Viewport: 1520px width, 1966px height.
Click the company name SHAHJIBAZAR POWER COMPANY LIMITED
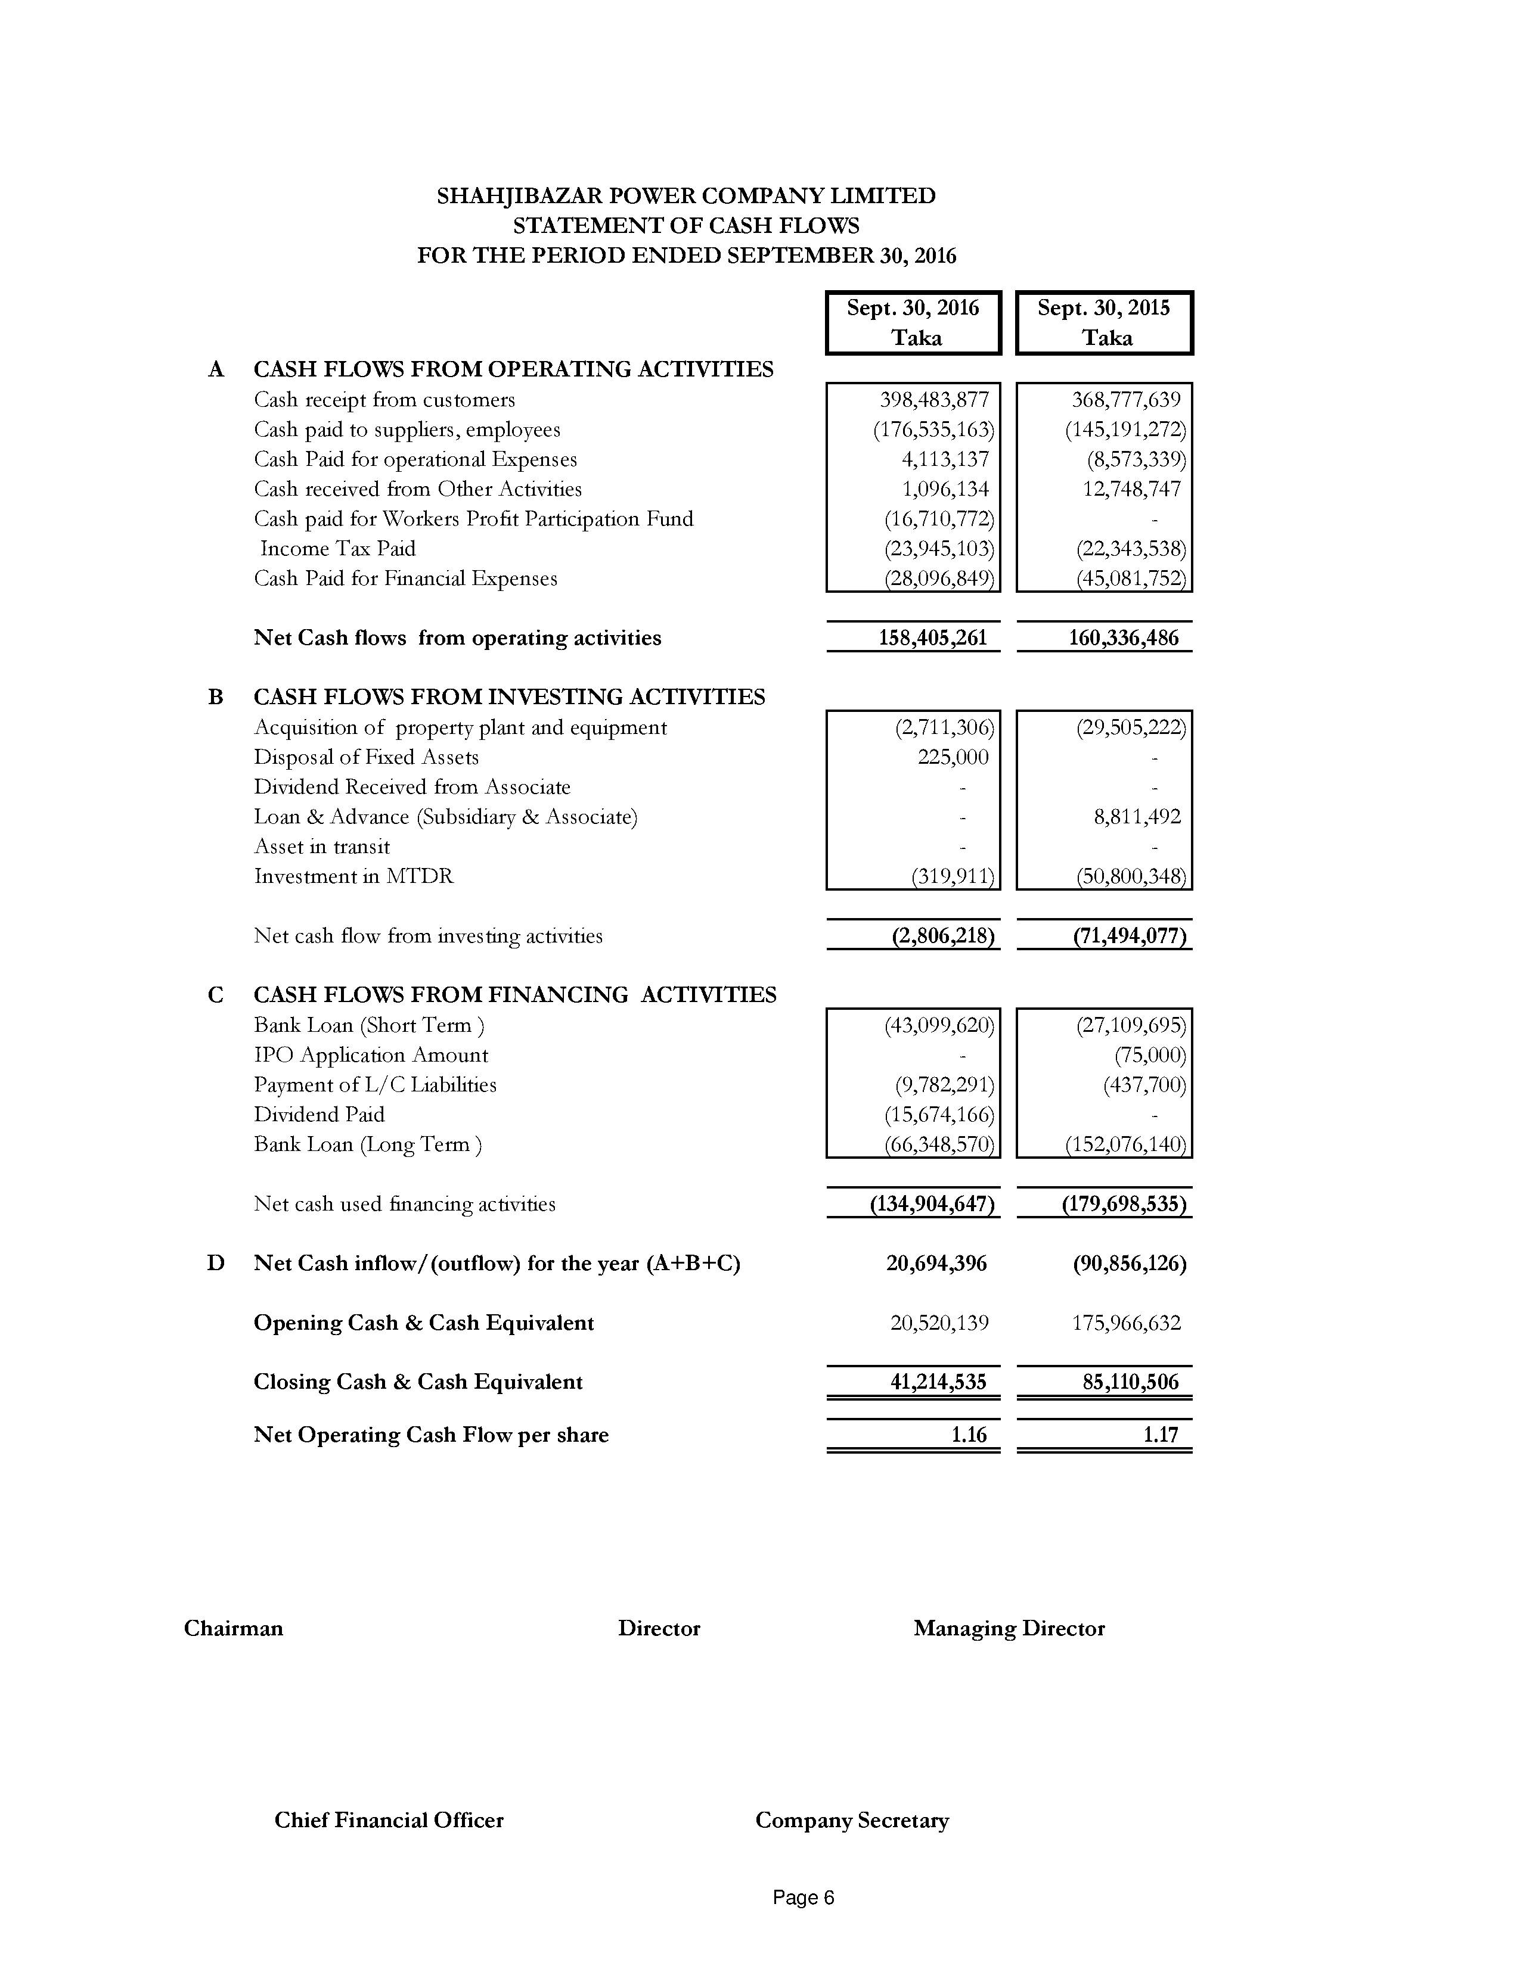[x=685, y=196]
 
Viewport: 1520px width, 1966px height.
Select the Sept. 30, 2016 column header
[x=913, y=322]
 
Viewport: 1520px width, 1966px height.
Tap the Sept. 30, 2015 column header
[x=1104, y=322]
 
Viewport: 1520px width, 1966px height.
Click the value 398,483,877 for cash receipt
[x=934, y=400]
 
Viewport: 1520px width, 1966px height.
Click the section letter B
[x=216, y=697]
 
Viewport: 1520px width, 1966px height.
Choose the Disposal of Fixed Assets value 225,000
[x=953, y=757]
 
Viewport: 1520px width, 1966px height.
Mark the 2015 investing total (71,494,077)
[x=1129, y=936]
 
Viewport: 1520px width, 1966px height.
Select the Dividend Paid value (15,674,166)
[x=939, y=1115]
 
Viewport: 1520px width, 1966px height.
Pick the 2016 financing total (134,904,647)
[x=932, y=1205]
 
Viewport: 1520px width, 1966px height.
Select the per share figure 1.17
[x=1161, y=1435]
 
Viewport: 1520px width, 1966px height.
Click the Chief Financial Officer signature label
[x=389, y=1820]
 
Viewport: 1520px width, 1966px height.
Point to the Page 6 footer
[x=804, y=1897]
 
